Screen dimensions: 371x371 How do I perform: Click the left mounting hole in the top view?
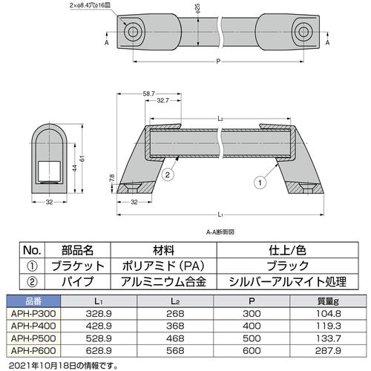pyautogui.click(x=134, y=32)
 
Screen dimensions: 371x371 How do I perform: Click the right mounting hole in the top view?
pyautogui.click(x=303, y=32)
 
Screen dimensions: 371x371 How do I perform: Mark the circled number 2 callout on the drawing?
pyautogui.click(x=168, y=174)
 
